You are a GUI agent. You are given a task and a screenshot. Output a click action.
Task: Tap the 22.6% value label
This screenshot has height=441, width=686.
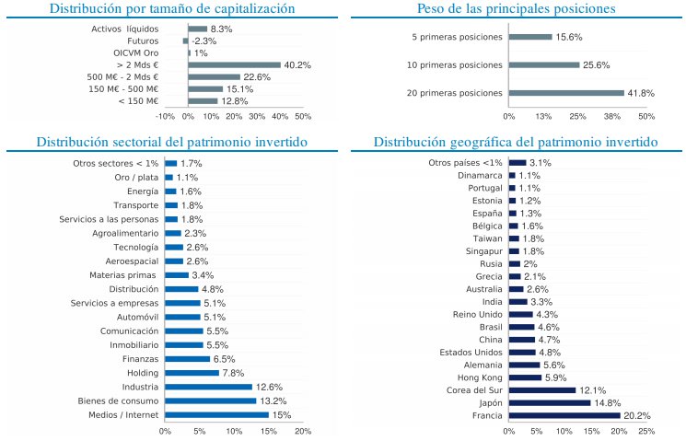(257, 77)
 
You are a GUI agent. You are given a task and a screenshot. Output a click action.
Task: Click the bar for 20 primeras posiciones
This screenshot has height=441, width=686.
(566, 93)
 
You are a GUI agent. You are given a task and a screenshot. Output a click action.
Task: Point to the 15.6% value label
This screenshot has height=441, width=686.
(569, 37)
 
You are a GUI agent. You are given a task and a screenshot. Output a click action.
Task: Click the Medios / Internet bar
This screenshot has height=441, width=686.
(216, 414)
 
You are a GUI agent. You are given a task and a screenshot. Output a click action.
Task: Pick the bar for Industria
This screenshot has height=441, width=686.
(208, 387)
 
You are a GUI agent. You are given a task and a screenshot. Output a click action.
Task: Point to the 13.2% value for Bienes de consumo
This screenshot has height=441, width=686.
(273, 401)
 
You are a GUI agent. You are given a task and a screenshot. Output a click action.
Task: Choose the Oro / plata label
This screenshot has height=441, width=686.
(137, 177)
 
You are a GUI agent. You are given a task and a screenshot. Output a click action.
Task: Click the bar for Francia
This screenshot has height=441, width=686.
(564, 415)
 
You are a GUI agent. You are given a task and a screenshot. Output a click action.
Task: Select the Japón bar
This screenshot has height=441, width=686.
(550, 402)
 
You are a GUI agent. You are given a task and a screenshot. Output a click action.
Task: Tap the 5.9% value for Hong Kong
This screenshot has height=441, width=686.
(555, 377)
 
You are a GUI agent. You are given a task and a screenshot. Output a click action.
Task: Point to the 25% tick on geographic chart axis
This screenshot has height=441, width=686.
(646, 431)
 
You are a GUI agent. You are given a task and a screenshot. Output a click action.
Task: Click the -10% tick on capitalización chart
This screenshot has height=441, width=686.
(165, 117)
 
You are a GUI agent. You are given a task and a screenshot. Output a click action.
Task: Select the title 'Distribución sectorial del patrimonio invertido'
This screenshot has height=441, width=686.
(172, 142)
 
